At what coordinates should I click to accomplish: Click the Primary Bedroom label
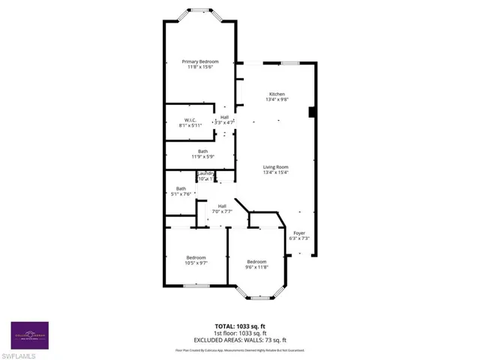tap(199, 61)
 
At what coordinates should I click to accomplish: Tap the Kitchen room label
tap(277, 94)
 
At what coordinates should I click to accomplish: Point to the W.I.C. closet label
tap(190, 120)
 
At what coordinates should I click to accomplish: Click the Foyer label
tap(299, 232)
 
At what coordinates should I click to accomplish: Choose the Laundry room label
tap(205, 173)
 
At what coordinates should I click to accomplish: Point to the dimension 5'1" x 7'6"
tap(181, 194)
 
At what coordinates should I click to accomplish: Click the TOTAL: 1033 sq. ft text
tap(239, 327)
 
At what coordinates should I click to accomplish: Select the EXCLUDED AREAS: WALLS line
tap(239, 340)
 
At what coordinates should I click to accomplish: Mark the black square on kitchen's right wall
tap(311, 112)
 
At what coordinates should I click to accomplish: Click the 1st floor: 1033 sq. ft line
tap(239, 333)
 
